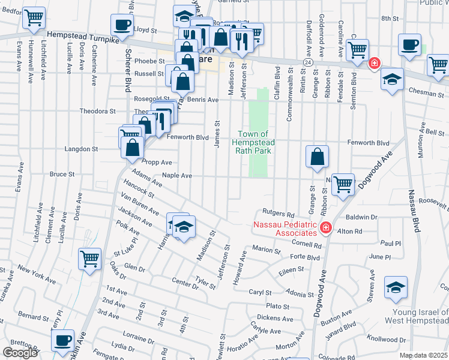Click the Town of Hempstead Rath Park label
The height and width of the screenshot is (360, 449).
(256, 142)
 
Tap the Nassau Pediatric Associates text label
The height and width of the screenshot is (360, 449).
(285, 229)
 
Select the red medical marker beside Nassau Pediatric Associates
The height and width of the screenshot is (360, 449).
(325, 228)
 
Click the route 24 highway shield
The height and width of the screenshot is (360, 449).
(307, 62)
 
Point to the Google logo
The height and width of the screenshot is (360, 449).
(20, 353)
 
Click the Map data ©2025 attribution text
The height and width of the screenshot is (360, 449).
(424, 355)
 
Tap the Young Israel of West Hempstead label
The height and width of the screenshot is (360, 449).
(420, 316)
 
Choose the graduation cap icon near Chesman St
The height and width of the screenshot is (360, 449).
(392, 80)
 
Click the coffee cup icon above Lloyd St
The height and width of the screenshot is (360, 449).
(122, 25)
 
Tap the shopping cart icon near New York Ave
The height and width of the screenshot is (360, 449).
(90, 259)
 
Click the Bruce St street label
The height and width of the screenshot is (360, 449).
(62, 174)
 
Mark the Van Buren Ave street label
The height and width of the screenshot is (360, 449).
(139, 205)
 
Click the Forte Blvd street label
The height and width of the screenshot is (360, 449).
(305, 257)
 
